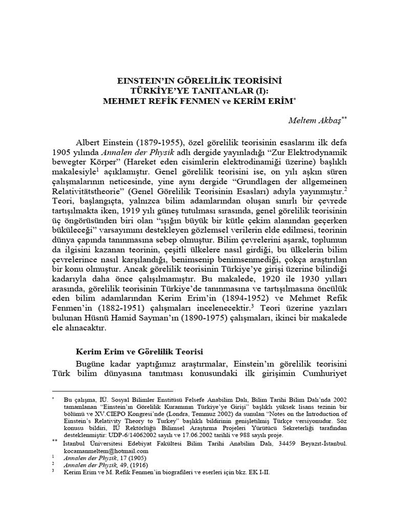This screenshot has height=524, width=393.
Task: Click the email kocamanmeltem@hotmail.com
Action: pyautogui.click(x=106, y=450)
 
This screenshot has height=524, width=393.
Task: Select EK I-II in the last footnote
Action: pyautogui.click(x=257, y=473)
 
